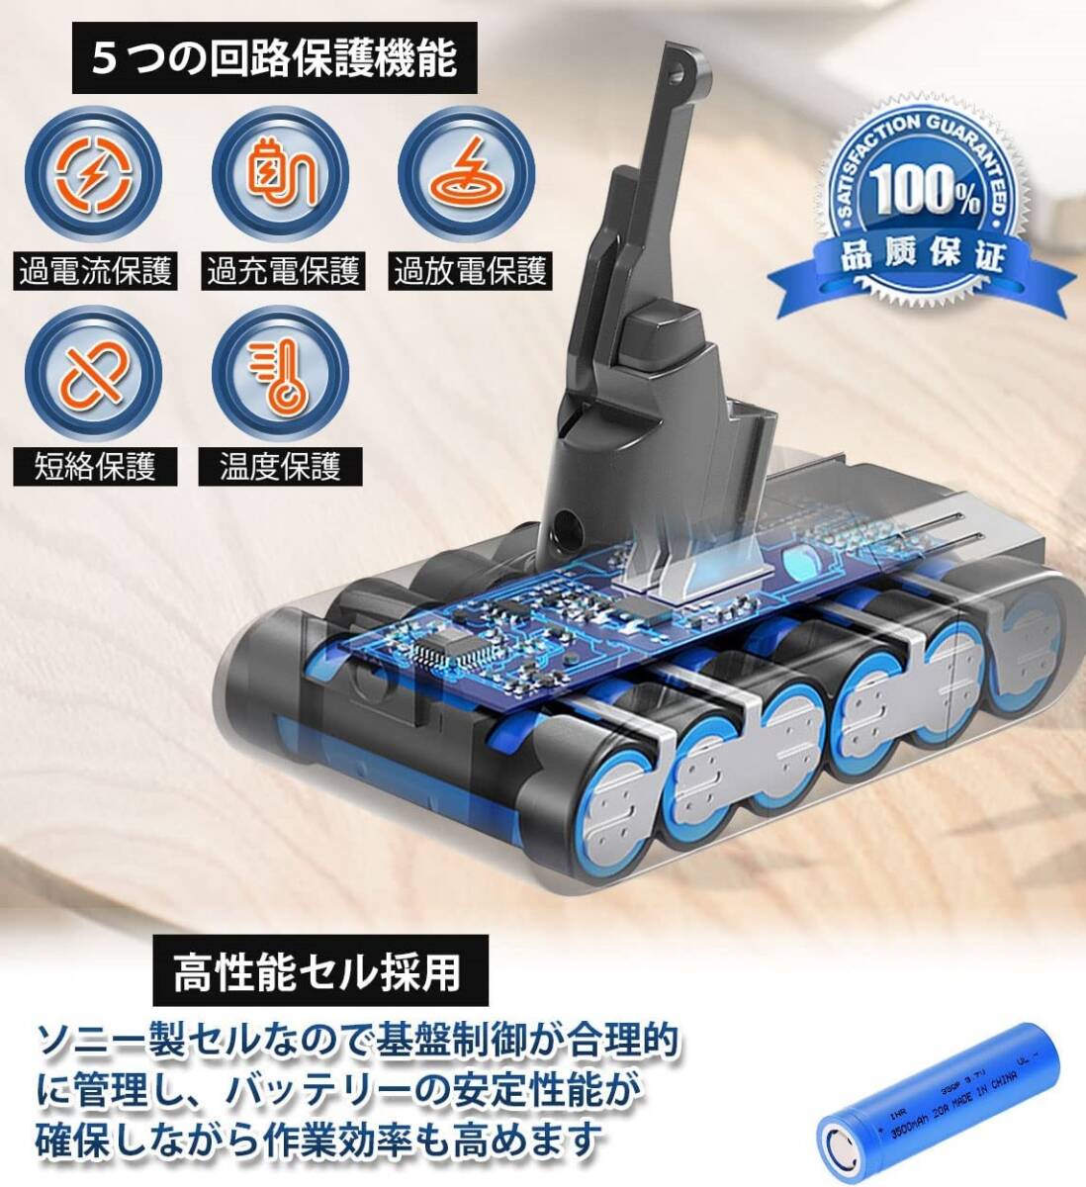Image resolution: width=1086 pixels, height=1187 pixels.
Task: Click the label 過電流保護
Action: (96, 271)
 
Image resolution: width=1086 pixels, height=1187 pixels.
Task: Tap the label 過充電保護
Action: (283, 271)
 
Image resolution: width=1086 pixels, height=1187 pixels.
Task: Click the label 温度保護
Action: (280, 465)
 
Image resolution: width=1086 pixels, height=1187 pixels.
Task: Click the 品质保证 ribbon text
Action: (922, 260)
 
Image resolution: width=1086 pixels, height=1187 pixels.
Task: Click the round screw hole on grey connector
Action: (565, 521)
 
